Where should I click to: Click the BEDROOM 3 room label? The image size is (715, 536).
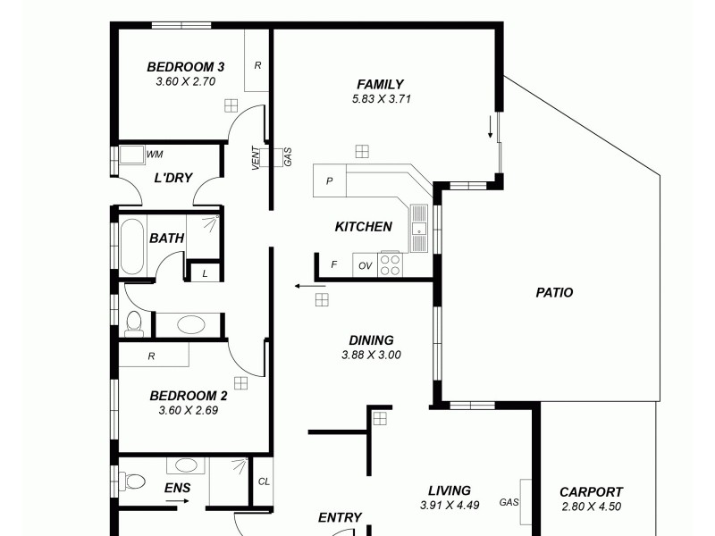185,67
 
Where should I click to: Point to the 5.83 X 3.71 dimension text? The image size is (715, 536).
381,99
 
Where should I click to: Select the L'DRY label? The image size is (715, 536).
173,178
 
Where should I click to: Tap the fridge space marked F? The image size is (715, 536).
334,265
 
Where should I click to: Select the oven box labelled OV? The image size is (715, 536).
365,266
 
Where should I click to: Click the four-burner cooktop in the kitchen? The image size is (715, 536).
391,264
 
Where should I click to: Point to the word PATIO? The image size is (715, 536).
554,292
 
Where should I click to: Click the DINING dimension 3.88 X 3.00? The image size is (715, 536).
371,355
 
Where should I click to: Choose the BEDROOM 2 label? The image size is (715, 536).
188,396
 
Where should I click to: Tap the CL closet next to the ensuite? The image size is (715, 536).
263,481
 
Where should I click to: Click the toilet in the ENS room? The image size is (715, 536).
132,482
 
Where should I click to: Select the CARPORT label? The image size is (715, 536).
591,492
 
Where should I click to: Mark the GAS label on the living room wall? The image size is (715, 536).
510,502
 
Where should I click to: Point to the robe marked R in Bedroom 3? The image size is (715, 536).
257,65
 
